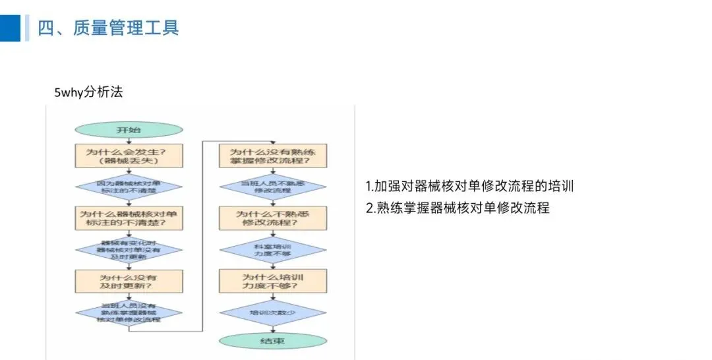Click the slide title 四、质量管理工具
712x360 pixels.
[108, 28]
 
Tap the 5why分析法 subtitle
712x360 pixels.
[88, 92]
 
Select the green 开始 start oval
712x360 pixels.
[129, 130]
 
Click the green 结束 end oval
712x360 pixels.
[272, 341]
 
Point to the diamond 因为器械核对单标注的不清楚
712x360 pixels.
[129, 186]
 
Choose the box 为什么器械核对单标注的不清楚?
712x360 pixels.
[129, 218]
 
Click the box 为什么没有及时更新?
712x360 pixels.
[129, 282]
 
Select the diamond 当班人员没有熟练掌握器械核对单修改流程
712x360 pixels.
[129, 313]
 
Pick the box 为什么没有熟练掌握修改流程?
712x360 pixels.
[272, 155]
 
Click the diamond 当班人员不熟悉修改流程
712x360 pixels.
[272, 185]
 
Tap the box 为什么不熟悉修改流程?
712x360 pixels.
[272, 218]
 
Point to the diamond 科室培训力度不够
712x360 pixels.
[272, 249]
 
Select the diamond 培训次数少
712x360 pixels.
[272, 312]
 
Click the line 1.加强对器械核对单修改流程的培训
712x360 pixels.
[469, 186]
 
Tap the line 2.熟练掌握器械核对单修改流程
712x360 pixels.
[458, 208]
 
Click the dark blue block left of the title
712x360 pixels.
[11, 28]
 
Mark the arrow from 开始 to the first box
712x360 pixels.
[129, 140]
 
